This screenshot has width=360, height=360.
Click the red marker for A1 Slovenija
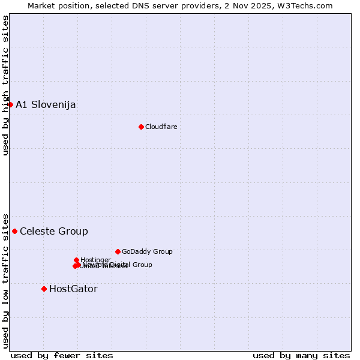(x=10, y=104)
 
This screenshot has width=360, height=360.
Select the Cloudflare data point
(x=141, y=127)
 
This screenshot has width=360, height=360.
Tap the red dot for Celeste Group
(x=14, y=231)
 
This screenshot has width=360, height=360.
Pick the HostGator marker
(x=44, y=289)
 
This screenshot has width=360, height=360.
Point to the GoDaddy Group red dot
(x=118, y=251)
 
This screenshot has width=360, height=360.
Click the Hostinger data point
(x=76, y=260)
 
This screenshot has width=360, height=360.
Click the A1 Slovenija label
(x=46, y=105)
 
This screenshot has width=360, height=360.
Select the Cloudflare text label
(x=161, y=127)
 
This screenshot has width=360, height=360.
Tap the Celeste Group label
(x=54, y=232)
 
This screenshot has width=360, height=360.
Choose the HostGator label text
(x=73, y=289)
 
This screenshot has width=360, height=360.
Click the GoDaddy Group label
(x=147, y=251)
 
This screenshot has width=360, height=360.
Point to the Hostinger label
(x=95, y=260)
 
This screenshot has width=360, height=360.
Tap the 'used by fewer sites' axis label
(x=62, y=355)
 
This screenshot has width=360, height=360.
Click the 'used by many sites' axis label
(x=301, y=355)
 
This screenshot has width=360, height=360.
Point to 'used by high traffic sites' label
(x=5, y=85)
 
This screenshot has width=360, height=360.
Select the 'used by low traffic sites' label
(x=5, y=280)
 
